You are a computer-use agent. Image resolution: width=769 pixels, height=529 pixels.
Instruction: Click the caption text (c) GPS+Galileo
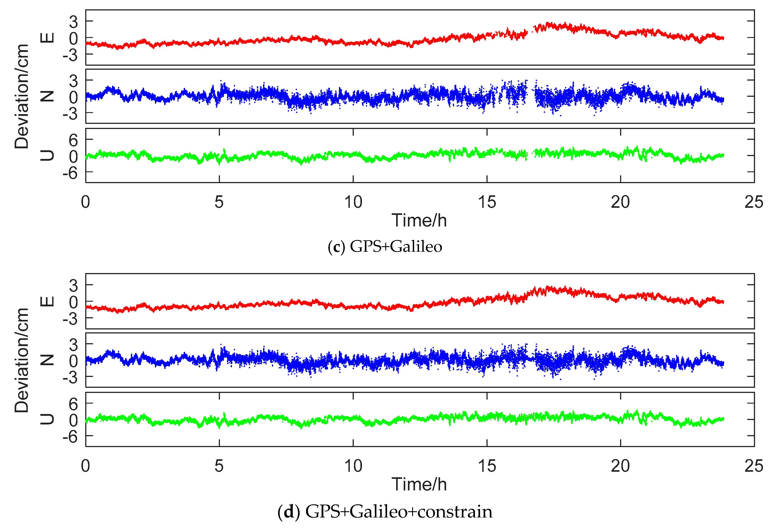point(385,247)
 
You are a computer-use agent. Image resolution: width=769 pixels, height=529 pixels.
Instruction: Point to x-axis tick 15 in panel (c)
point(487,202)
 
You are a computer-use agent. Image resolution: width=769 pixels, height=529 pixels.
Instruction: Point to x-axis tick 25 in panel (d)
point(753,466)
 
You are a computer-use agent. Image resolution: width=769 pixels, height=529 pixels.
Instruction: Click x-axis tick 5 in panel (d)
point(219,466)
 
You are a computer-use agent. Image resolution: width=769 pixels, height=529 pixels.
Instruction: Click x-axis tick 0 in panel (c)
point(85,202)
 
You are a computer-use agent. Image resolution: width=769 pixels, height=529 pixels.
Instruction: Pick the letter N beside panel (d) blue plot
point(47,360)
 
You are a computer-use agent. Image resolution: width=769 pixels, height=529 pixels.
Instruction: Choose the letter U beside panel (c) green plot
point(47,155)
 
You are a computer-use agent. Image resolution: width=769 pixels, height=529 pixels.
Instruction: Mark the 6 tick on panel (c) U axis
point(73,140)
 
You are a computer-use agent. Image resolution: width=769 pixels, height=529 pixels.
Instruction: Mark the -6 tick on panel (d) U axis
point(70,437)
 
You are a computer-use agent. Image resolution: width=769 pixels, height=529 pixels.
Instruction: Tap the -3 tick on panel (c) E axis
point(70,55)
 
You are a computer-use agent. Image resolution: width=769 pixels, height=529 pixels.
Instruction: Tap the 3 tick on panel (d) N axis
point(73,345)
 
